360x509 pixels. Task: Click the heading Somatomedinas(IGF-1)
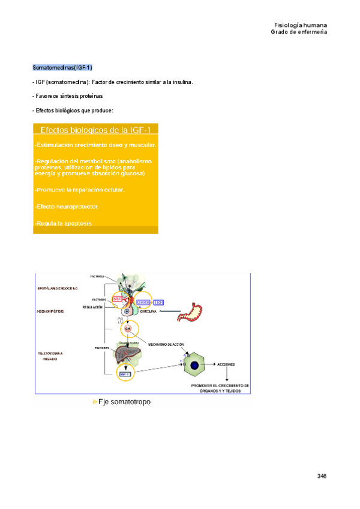click(62, 67)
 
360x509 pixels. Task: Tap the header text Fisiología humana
click(300, 25)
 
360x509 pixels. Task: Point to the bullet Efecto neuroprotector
click(67, 206)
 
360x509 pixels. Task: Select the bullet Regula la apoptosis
click(64, 223)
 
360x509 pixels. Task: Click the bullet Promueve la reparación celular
click(80, 190)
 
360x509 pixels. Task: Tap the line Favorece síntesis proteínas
click(68, 96)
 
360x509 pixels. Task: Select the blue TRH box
click(159, 303)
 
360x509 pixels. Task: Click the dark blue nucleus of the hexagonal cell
click(194, 364)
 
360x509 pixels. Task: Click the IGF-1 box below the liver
click(125, 375)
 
